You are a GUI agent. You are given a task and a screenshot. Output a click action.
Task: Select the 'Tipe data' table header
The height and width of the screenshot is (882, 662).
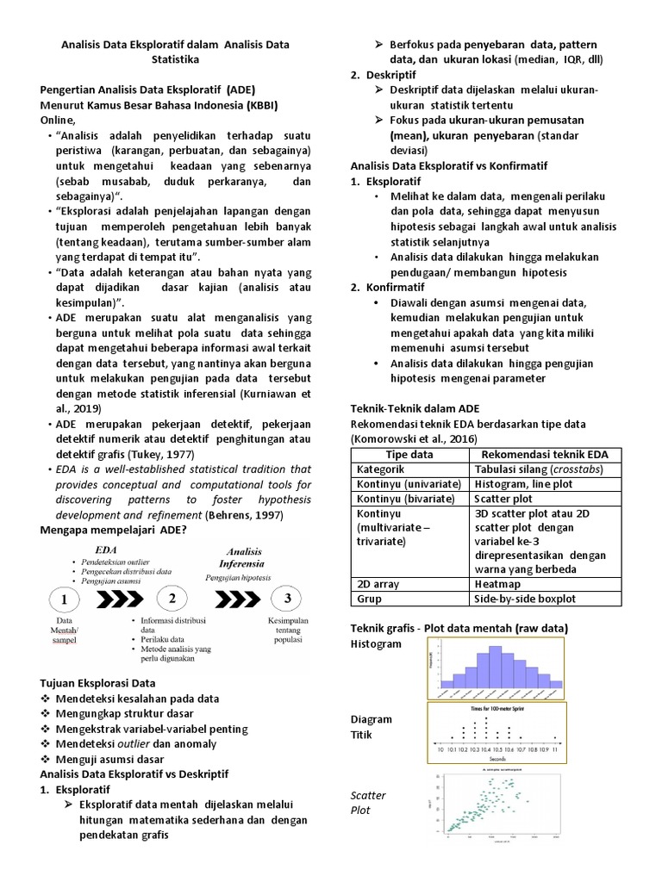point(408,454)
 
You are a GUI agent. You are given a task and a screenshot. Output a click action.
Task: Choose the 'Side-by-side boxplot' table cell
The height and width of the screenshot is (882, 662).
point(525,599)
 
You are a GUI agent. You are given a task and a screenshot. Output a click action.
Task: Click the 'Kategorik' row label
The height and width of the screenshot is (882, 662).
point(380,469)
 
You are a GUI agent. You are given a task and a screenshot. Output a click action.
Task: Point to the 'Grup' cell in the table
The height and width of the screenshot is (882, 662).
point(370,599)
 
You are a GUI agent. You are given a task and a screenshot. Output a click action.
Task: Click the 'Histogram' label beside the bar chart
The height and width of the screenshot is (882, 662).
point(376,643)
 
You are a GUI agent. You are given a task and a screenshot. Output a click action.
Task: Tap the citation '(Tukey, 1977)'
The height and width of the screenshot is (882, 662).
point(162,454)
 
